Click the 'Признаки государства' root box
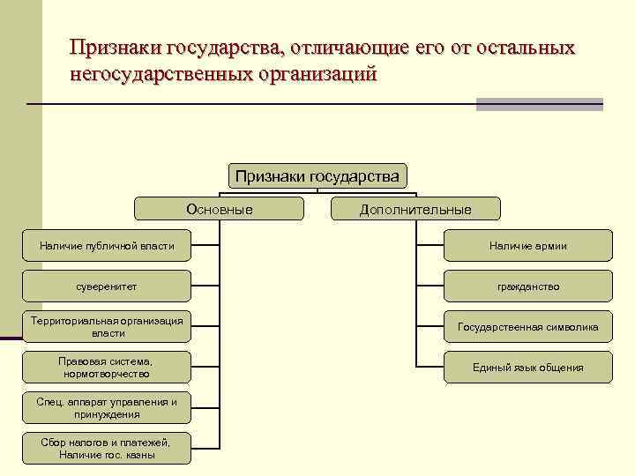317,176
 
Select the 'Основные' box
220,209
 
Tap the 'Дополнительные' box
415,209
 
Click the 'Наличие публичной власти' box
107,246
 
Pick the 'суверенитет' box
107,286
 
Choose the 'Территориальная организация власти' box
107,327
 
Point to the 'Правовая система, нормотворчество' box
107,368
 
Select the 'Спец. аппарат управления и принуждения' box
107,408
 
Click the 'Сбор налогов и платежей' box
107,449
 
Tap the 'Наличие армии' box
527,246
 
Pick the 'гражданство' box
527,286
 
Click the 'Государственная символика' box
527,327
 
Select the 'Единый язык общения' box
527,368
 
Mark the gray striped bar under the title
539,104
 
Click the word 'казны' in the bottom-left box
140,456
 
